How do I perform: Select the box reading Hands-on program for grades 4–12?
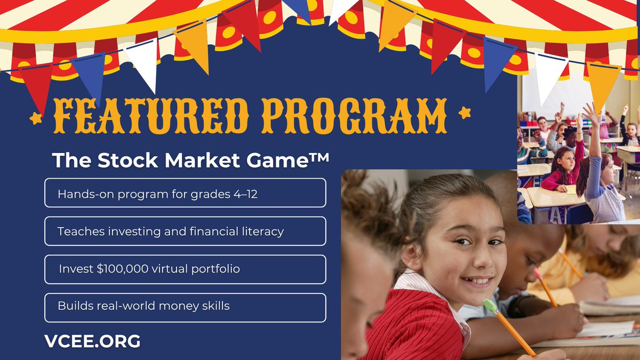click(x=185, y=193)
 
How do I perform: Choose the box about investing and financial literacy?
click(x=185, y=231)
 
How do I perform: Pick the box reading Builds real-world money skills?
click(x=185, y=307)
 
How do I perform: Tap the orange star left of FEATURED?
click(x=36, y=118)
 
